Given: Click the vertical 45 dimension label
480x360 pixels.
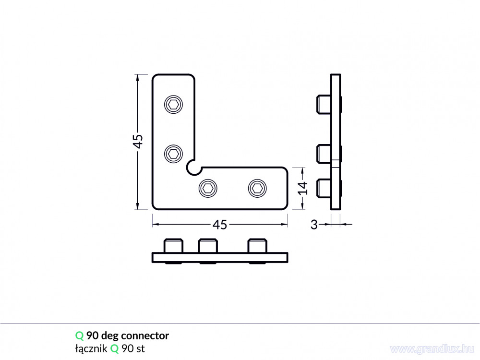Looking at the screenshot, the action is click(x=139, y=142).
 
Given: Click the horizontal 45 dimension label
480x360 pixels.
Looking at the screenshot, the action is click(x=220, y=225).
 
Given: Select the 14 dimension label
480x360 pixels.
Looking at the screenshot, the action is click(x=303, y=188).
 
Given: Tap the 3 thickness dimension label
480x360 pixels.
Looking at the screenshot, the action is click(x=314, y=225).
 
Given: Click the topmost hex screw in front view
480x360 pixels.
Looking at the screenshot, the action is click(x=174, y=105).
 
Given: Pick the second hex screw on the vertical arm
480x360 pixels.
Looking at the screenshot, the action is click(x=174, y=154).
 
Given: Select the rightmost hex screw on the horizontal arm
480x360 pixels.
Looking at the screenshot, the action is click(x=257, y=188).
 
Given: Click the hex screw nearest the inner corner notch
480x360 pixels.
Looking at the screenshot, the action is click(x=208, y=188).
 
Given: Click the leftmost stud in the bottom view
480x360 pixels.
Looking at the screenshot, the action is click(x=174, y=245).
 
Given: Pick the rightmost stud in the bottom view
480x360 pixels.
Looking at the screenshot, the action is click(x=257, y=245).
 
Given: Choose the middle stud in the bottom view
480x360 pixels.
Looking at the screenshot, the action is click(x=208, y=245).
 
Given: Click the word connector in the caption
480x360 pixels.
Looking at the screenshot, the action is click(x=145, y=336).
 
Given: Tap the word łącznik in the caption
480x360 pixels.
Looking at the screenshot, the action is click(x=91, y=348).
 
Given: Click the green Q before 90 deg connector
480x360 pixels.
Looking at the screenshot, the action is click(x=79, y=336).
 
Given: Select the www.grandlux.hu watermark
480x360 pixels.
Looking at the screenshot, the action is click(x=432, y=349).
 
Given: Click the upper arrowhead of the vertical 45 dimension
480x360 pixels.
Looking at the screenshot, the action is click(x=137, y=78).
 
